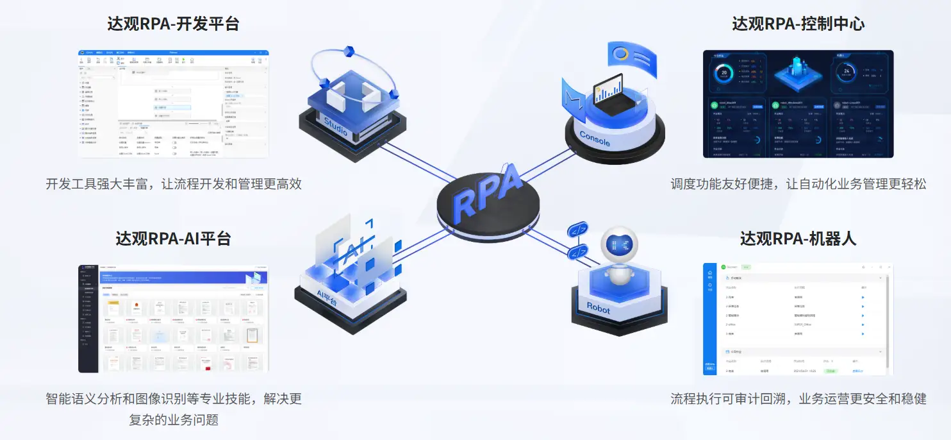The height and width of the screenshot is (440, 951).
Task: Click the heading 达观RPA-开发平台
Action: pos(173,24)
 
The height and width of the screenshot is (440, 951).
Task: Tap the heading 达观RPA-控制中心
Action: pos(798,24)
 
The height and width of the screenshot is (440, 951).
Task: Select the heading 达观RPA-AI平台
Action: pos(173,239)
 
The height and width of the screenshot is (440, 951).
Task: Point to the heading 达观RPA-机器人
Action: pos(798,239)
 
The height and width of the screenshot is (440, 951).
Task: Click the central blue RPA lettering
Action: pos(487,192)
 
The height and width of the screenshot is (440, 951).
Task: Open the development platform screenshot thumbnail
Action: pos(173,104)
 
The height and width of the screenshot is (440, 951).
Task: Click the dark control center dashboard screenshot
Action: pos(798,104)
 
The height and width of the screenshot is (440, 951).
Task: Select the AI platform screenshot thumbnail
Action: pos(173,318)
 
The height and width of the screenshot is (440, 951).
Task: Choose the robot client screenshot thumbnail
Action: pos(798,318)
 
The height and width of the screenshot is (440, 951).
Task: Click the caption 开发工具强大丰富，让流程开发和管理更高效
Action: pos(173,184)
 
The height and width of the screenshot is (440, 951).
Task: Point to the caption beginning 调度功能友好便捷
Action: pos(798,184)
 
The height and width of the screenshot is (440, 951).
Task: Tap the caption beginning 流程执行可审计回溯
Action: pos(798,398)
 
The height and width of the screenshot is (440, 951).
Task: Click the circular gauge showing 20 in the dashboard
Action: pos(724,72)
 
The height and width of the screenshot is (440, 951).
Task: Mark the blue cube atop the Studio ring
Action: pos(349,51)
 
